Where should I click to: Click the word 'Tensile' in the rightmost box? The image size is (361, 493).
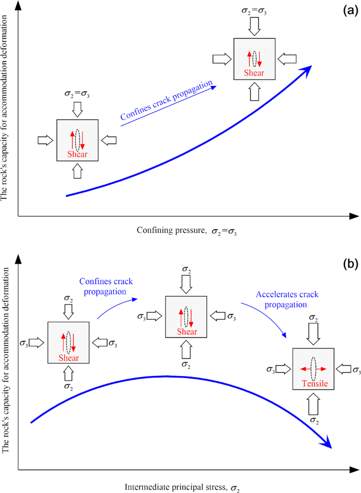(x=313, y=384)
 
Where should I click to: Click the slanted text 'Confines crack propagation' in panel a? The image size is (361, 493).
(x=167, y=103)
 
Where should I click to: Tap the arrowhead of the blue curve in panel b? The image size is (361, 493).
(x=327, y=444)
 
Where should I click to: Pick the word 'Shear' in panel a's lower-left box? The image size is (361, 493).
(x=77, y=154)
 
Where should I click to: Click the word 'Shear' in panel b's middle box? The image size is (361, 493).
(x=187, y=332)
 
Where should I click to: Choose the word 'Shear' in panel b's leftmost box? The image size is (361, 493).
(x=69, y=358)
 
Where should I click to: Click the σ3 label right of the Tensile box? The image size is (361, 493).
(x=356, y=370)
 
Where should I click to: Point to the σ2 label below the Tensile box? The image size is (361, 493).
(x=313, y=420)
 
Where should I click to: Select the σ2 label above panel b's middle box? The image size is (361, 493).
(x=187, y=269)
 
